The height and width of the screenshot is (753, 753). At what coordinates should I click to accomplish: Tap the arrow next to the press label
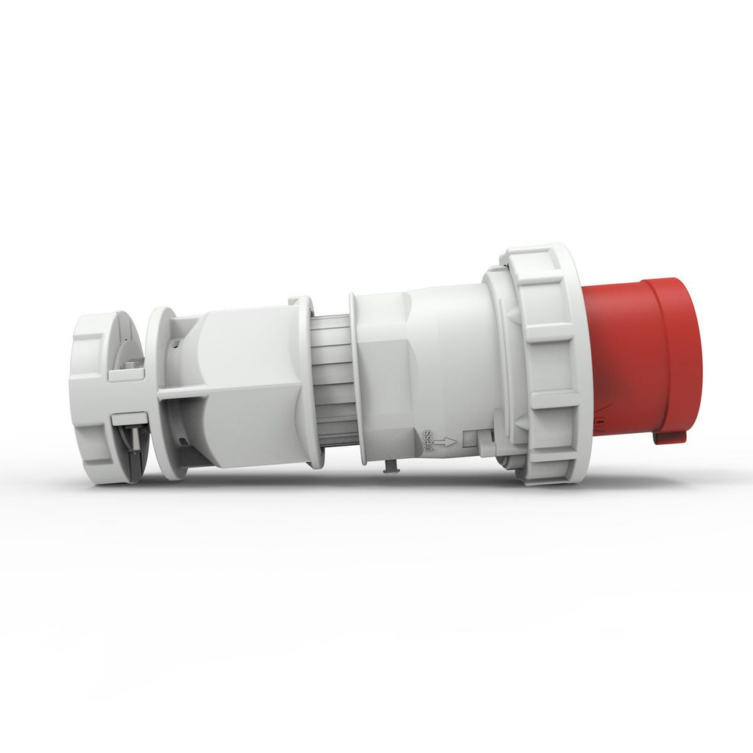(444, 442)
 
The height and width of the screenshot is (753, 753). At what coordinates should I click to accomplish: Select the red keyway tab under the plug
(669, 437)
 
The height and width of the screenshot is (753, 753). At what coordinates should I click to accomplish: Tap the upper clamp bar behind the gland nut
(126, 374)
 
